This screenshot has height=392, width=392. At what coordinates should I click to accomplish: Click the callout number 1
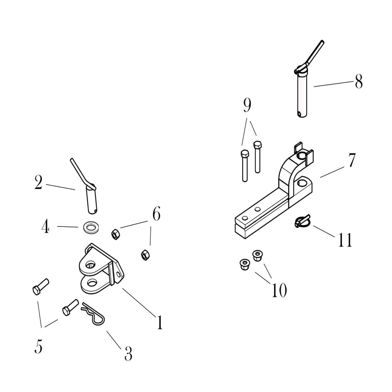(159, 322)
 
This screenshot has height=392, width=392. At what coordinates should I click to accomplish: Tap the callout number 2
(38, 182)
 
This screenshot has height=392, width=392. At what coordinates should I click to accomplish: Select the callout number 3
(128, 354)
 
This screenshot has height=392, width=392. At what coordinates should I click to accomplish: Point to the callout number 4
(45, 227)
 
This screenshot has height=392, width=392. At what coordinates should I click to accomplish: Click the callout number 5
(38, 347)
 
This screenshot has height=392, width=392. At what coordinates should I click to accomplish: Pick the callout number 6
(156, 214)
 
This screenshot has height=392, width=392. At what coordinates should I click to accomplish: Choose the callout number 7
(352, 160)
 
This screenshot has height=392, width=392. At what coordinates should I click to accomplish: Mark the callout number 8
(359, 81)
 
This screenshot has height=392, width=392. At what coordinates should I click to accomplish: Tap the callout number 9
(247, 105)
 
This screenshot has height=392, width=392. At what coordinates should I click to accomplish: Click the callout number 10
(279, 290)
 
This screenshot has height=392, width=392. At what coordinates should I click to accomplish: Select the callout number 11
(345, 240)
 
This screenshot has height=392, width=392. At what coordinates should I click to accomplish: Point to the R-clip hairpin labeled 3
(93, 314)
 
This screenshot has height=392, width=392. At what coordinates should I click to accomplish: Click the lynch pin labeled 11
(302, 221)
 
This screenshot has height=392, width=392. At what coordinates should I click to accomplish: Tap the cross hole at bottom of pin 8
(300, 114)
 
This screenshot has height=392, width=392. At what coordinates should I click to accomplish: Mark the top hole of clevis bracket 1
(91, 264)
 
